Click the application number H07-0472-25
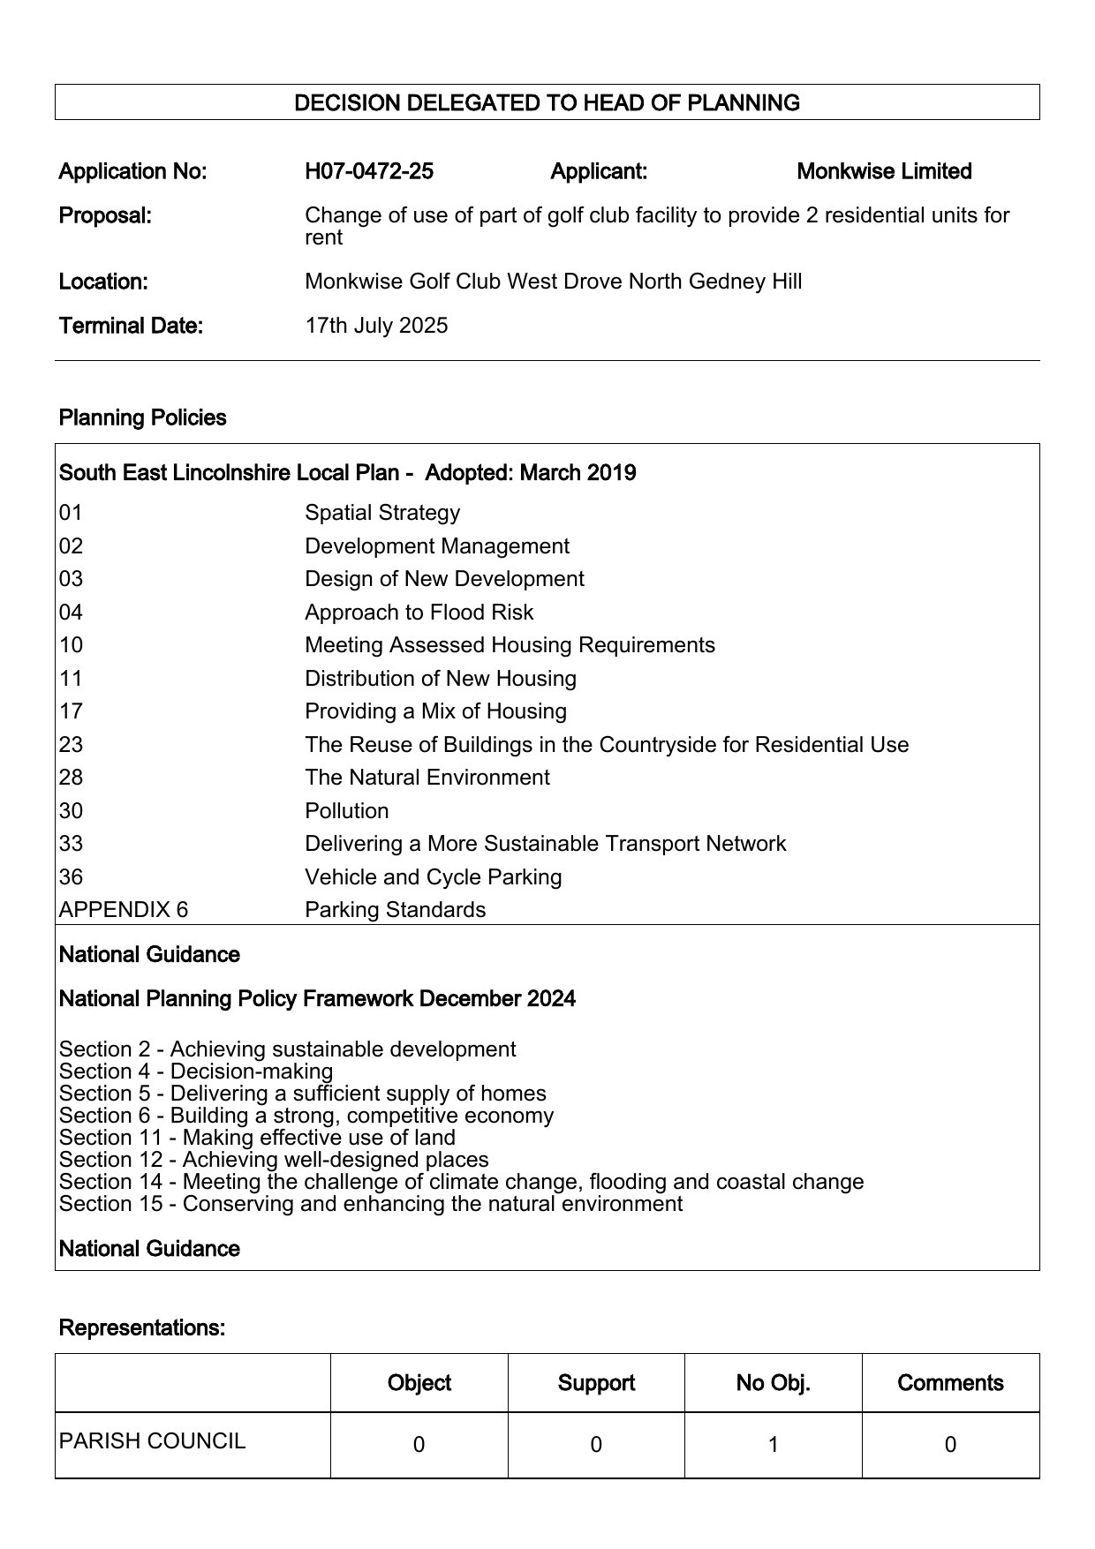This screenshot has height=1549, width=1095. (x=369, y=171)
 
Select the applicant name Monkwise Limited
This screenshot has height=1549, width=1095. (x=884, y=171)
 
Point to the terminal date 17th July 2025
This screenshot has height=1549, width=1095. (x=376, y=326)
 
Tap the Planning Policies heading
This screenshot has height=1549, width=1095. (x=142, y=417)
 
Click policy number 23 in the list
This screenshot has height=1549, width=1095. (x=71, y=745)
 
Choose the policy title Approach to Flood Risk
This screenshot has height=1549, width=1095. (x=419, y=613)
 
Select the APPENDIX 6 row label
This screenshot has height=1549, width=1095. (x=124, y=910)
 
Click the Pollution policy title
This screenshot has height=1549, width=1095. (x=346, y=811)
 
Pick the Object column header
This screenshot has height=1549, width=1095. (x=419, y=1383)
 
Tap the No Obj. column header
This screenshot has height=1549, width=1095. (x=773, y=1383)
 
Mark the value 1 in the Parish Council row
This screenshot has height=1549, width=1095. (x=773, y=1445)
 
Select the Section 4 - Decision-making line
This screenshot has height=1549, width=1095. (x=196, y=1072)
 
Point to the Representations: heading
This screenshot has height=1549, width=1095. (x=141, y=1327)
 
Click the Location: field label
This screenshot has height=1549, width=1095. (x=103, y=282)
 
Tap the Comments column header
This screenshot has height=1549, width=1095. (x=950, y=1383)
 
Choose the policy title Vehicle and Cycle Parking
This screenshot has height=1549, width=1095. (x=433, y=877)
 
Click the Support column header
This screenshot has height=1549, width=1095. (x=596, y=1383)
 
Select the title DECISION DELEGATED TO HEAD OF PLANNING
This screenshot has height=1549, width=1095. (x=547, y=103)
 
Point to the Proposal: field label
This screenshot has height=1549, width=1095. (x=105, y=215)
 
